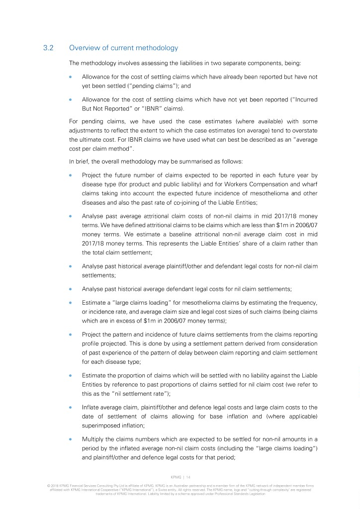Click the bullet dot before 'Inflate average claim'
pos(71,407)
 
